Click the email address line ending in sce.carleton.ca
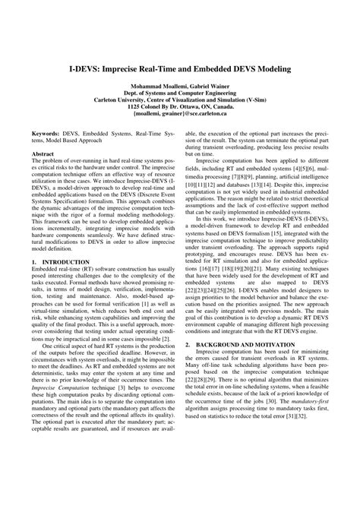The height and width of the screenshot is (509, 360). pos(180,114)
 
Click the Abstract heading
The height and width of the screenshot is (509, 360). pos(43,153)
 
